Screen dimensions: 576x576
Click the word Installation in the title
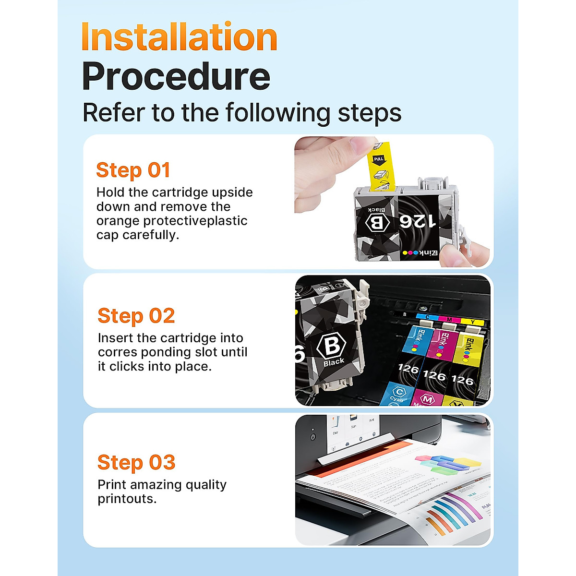point(180,37)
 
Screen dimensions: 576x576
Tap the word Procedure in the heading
point(176,77)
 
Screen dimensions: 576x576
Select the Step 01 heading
point(133,170)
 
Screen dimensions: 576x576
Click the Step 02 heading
point(136,316)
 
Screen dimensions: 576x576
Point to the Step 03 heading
point(136,463)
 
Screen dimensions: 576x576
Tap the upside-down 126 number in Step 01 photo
point(418,221)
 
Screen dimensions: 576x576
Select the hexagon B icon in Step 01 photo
point(377,222)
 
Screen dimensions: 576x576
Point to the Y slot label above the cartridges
point(473,322)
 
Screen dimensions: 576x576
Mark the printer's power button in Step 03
point(312,437)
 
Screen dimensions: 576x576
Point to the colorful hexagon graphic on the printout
point(446,463)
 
